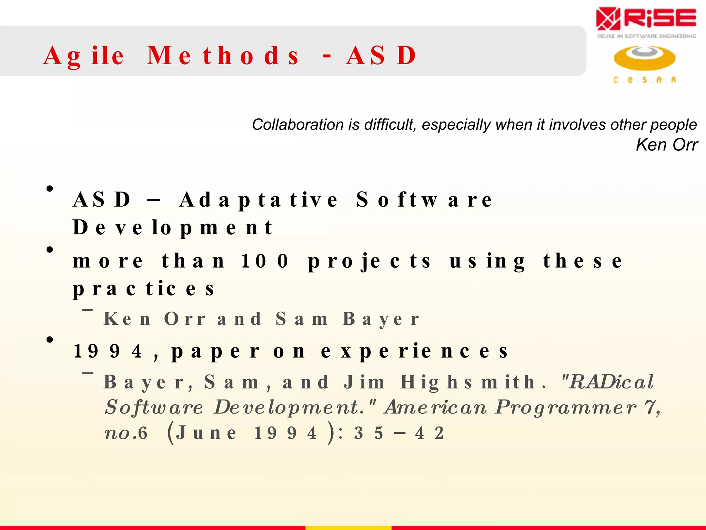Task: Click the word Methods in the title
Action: [223, 56]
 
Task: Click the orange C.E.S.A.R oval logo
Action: [644, 58]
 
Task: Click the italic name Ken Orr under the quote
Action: [667, 145]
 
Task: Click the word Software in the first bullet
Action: [424, 200]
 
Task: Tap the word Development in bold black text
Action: [172, 228]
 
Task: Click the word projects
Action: [369, 262]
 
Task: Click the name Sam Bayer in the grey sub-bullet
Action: [347, 319]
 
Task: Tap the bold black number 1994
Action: [108, 351]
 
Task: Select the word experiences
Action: [414, 351]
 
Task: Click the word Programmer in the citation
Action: [565, 408]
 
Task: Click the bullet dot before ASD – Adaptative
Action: [50, 189]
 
